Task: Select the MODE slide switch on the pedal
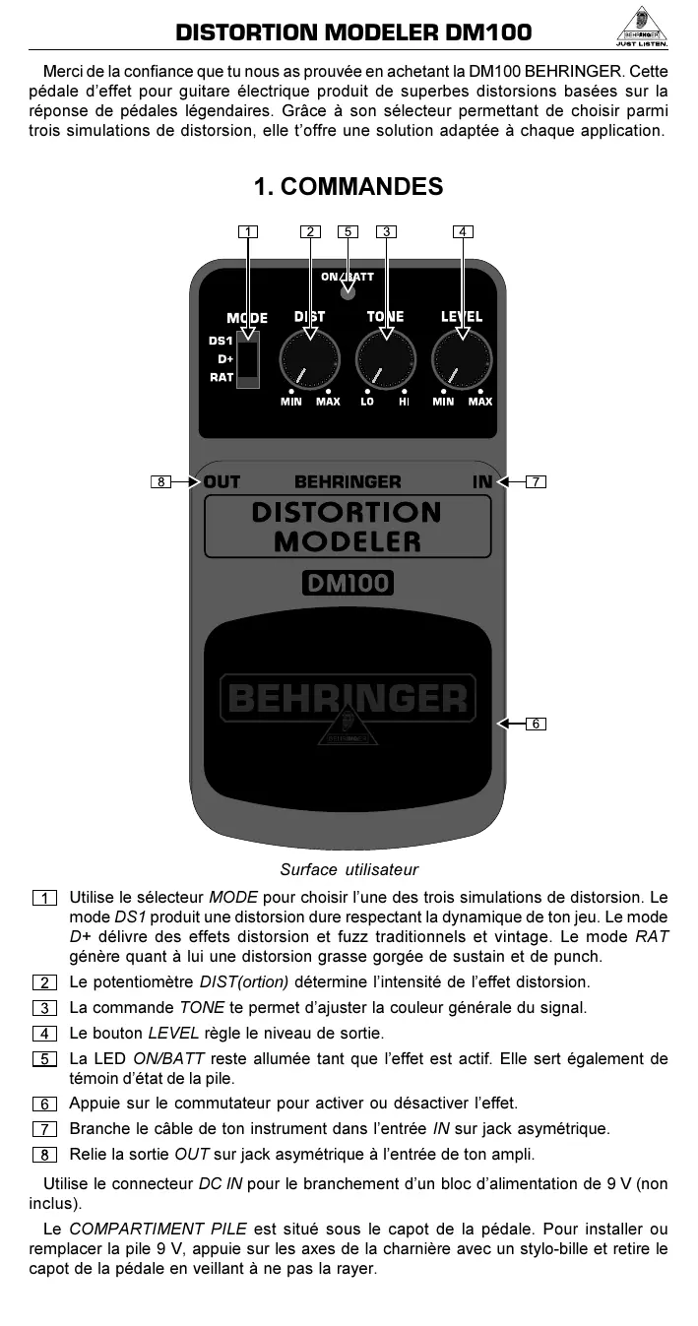coord(248,359)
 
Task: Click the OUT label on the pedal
coord(222,481)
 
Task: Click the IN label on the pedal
coord(482,481)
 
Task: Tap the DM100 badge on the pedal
coord(348,583)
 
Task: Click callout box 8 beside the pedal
coord(160,481)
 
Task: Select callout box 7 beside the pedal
coord(536,481)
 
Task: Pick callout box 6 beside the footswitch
coord(536,724)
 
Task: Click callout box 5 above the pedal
coord(348,232)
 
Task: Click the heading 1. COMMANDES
coord(349,186)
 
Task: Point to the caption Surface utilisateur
coord(349,869)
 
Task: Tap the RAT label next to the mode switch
coord(222,377)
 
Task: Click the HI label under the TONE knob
coord(404,402)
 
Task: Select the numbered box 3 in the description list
coord(44,1008)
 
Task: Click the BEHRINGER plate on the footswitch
coord(348,698)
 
